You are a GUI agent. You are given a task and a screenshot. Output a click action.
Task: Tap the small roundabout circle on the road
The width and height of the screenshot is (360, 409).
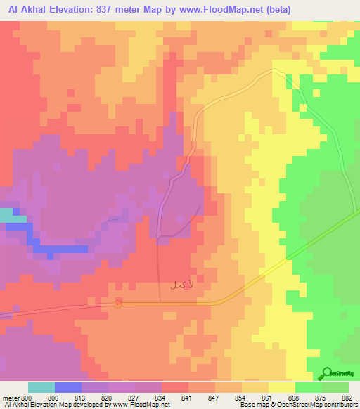click(x=118, y=304)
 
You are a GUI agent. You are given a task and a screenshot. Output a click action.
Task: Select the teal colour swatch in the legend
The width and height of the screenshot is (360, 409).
click(x=41, y=387)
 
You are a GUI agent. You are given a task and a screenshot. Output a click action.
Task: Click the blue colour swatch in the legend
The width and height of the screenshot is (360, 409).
click(x=68, y=387)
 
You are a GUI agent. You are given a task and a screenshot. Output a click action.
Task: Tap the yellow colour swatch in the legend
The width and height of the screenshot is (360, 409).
click(x=282, y=387)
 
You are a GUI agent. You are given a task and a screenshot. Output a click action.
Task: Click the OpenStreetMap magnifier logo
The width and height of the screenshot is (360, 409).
click(x=328, y=373)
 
